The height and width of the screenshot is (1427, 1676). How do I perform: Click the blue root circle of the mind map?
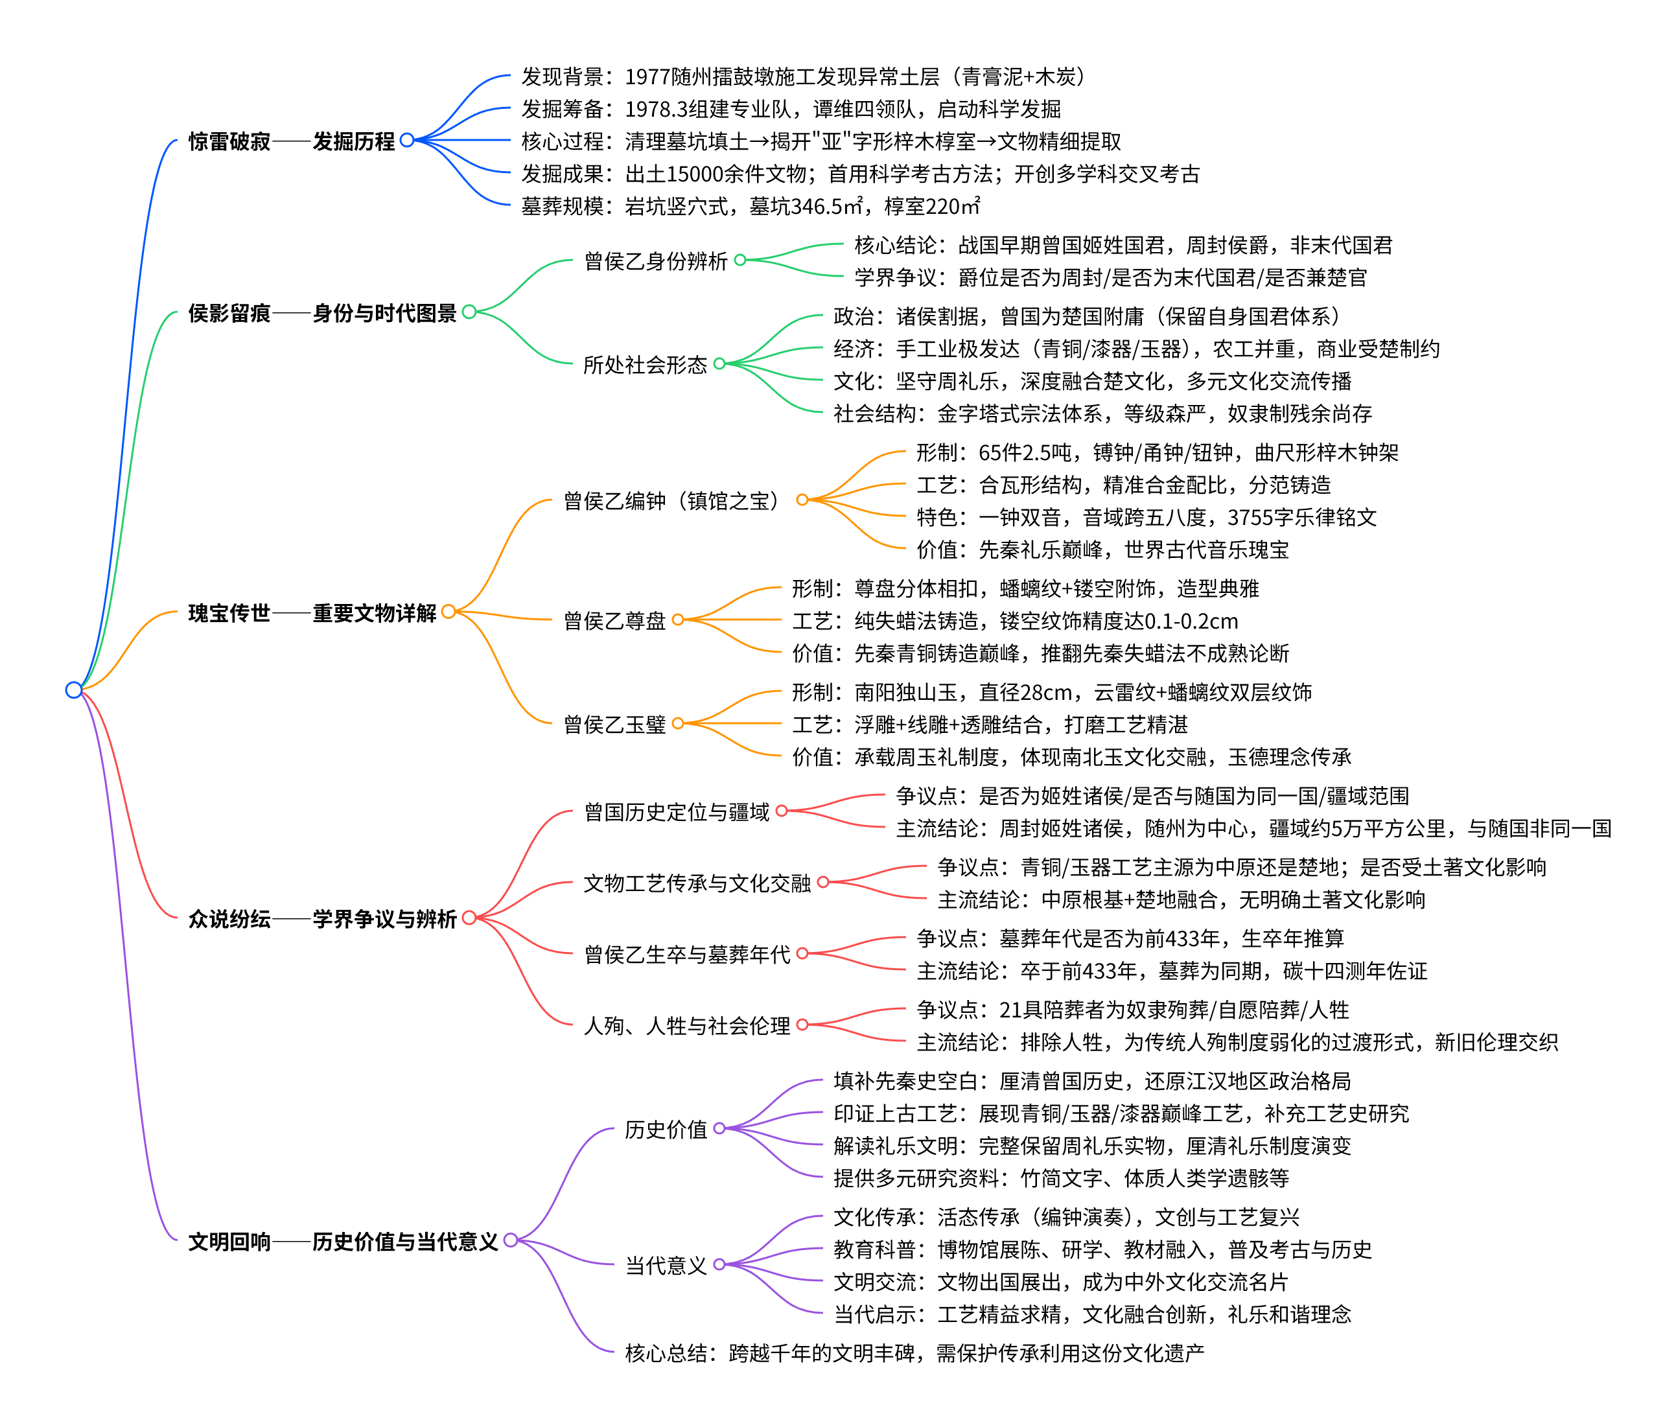(74, 690)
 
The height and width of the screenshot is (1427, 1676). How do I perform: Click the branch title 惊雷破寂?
(229, 141)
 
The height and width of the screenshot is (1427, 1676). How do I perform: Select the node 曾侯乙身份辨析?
(655, 261)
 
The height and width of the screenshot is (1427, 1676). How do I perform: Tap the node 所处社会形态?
(645, 365)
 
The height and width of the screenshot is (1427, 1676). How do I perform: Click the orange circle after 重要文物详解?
(448, 612)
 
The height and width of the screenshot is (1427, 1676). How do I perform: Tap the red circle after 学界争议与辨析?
(469, 918)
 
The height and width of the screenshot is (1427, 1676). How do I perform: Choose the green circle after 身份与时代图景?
(469, 312)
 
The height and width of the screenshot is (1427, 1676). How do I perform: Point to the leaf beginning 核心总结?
(914, 1352)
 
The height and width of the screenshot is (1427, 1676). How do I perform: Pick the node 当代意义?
(666, 1265)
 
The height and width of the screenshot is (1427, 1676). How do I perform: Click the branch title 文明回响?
(229, 1242)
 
